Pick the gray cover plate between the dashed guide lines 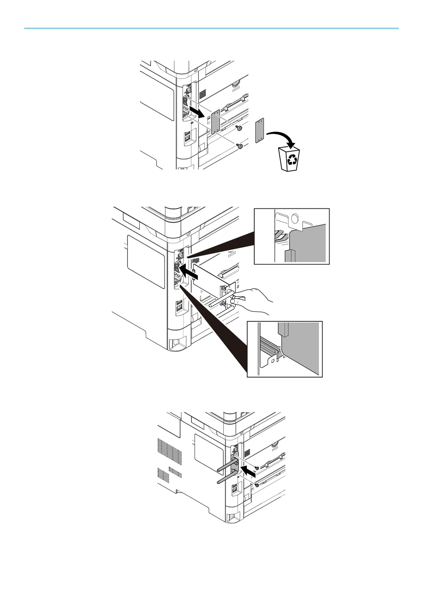click(x=216, y=121)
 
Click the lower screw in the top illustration click(x=240, y=146)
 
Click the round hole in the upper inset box click(x=294, y=217)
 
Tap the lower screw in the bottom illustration click(x=256, y=485)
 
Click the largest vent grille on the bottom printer click(x=170, y=450)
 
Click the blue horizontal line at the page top click(x=211, y=28)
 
